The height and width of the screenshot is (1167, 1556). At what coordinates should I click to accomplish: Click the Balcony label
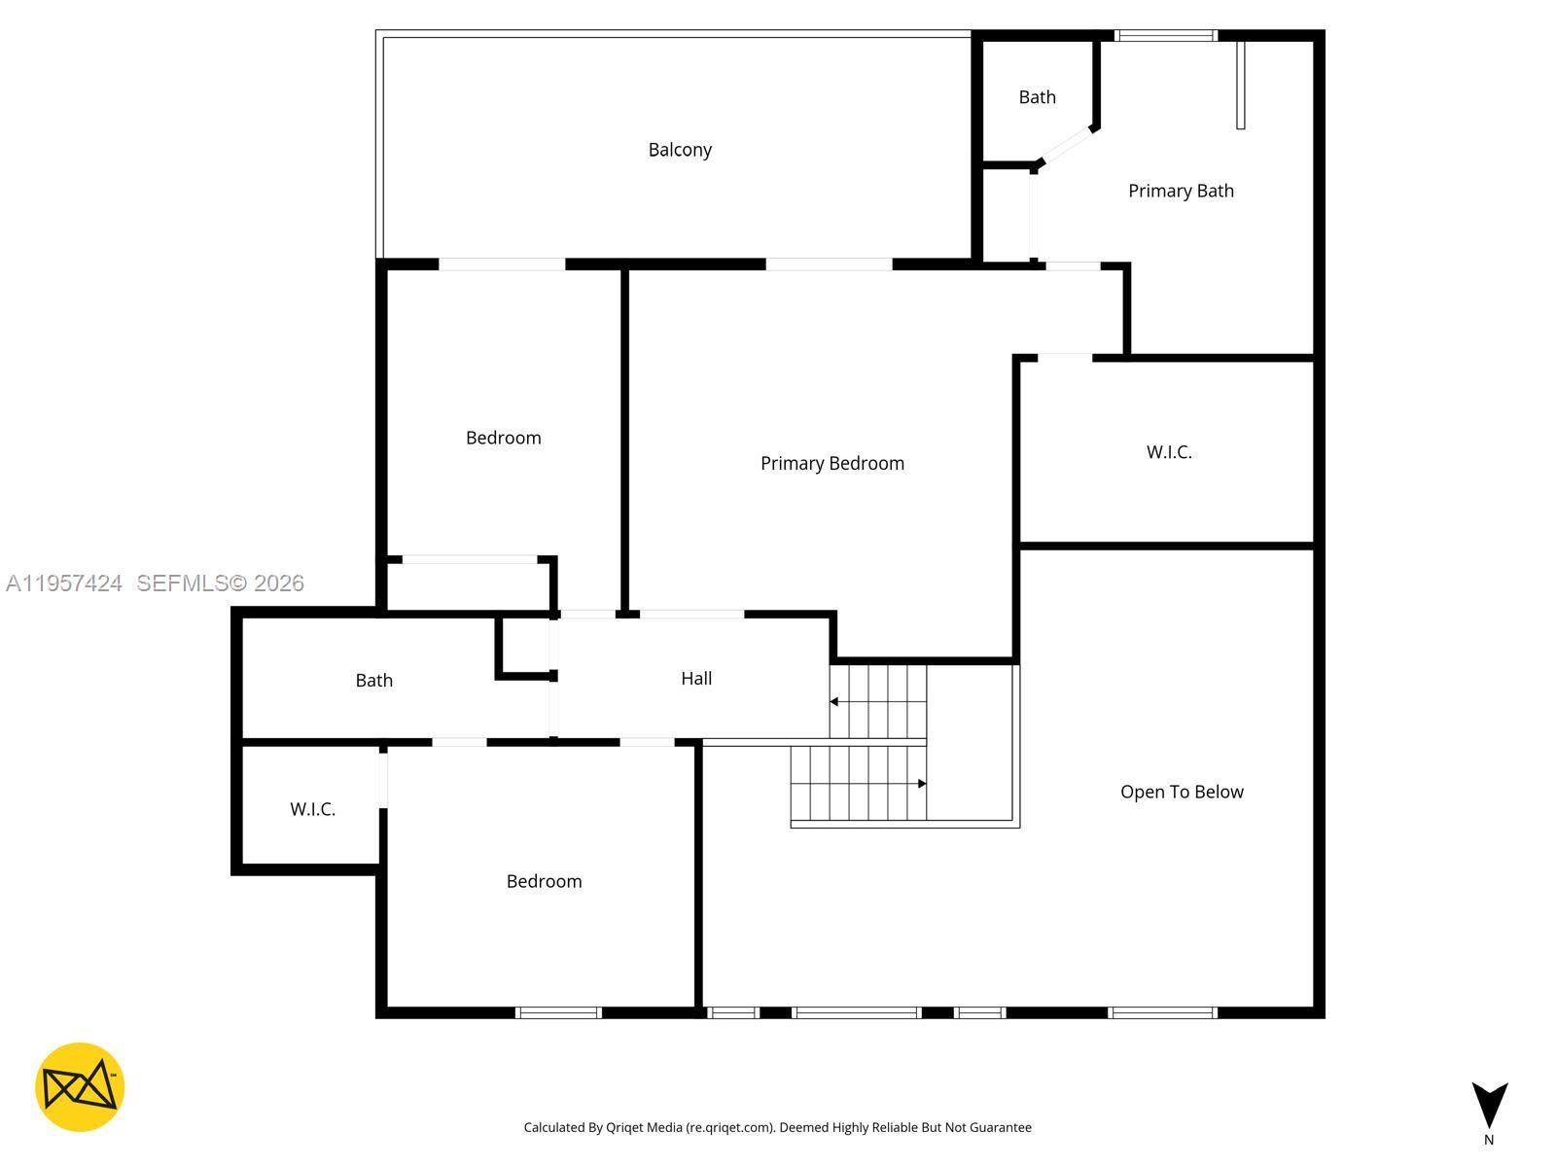tap(680, 150)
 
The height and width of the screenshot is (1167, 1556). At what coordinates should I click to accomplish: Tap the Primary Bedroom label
tap(831, 464)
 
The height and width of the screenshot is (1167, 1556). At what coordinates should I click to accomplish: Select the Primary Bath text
tap(1181, 192)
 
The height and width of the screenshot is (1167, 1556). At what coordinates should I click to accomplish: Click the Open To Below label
tap(1182, 792)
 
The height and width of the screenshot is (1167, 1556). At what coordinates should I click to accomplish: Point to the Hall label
tap(696, 679)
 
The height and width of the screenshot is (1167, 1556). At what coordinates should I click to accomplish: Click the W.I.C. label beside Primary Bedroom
tap(1169, 452)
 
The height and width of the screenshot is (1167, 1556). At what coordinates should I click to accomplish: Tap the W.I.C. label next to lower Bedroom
tap(312, 809)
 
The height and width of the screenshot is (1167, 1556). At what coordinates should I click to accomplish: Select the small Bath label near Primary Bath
tap(1037, 97)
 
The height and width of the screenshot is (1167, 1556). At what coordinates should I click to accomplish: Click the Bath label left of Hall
tap(373, 681)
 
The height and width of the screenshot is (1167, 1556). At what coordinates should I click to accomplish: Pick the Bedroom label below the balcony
tap(503, 439)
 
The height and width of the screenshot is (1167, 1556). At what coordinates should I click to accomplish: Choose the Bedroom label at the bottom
tap(544, 882)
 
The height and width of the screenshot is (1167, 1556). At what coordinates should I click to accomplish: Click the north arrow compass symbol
tap(1489, 1106)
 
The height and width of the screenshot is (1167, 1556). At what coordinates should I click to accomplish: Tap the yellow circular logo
tap(80, 1087)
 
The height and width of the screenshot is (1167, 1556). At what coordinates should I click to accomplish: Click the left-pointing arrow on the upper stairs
tap(835, 701)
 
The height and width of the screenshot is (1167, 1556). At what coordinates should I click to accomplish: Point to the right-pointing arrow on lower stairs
tap(920, 783)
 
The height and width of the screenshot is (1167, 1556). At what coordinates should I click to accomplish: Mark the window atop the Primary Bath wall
tap(1165, 36)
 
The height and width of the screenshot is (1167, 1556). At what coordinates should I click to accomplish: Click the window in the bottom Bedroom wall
tap(558, 1012)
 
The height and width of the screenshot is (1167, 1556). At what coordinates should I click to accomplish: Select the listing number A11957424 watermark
tap(64, 583)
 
